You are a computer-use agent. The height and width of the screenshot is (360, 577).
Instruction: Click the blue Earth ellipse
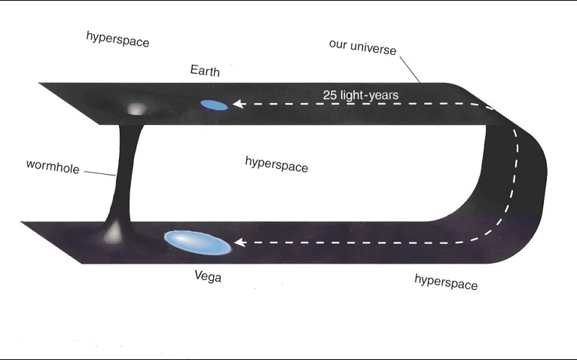[x=214, y=105]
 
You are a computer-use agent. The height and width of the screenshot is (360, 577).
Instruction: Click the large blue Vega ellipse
[x=197, y=243]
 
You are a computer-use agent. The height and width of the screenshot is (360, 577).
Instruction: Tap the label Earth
[x=205, y=72]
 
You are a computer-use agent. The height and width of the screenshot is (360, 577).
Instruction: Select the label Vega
[x=208, y=276]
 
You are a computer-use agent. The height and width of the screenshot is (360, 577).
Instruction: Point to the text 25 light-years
[x=360, y=95]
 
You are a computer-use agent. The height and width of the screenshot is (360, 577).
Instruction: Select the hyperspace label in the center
[x=276, y=163]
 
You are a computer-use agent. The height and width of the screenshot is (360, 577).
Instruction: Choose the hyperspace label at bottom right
[x=446, y=281]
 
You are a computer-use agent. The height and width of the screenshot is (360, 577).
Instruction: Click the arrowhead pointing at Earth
[x=237, y=105]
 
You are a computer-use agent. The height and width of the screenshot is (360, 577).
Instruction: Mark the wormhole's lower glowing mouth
[x=114, y=233]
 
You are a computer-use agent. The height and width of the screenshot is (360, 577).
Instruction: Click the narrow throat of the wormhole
[x=124, y=173]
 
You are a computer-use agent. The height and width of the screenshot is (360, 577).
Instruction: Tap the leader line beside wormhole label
[x=99, y=173]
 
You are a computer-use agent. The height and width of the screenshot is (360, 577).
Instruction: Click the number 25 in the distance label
[x=330, y=95]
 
